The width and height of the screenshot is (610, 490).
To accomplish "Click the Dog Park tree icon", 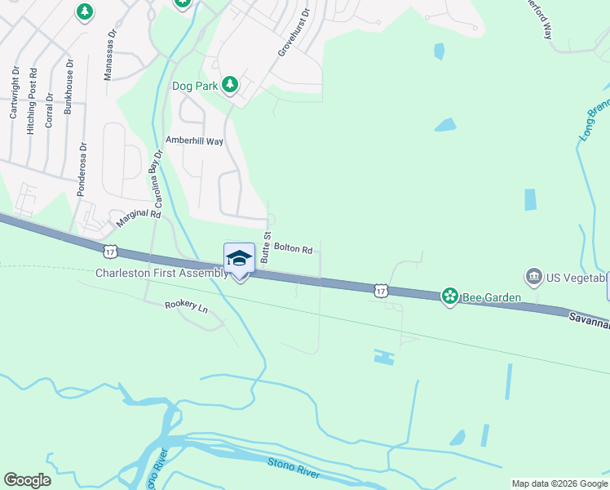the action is pyautogui.click(x=231, y=84).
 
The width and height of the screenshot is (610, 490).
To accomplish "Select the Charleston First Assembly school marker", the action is pyautogui.click(x=239, y=260).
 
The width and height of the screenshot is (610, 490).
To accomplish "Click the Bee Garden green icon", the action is pyautogui.click(x=449, y=296).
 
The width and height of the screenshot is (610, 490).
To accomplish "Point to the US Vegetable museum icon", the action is pyautogui.click(x=534, y=277).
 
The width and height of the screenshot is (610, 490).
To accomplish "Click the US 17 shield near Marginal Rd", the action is pyautogui.click(x=111, y=248).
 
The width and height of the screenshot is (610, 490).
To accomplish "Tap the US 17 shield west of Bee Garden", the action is pyautogui.click(x=381, y=290).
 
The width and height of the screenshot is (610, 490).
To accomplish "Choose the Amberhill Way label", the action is pyautogui.click(x=194, y=140).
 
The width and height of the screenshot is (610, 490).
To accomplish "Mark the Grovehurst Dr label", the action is pyautogui.click(x=294, y=32).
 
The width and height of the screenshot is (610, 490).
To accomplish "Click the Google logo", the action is pyautogui.click(x=27, y=480).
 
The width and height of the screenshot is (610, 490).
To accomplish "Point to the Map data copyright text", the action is pyautogui.click(x=559, y=483).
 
